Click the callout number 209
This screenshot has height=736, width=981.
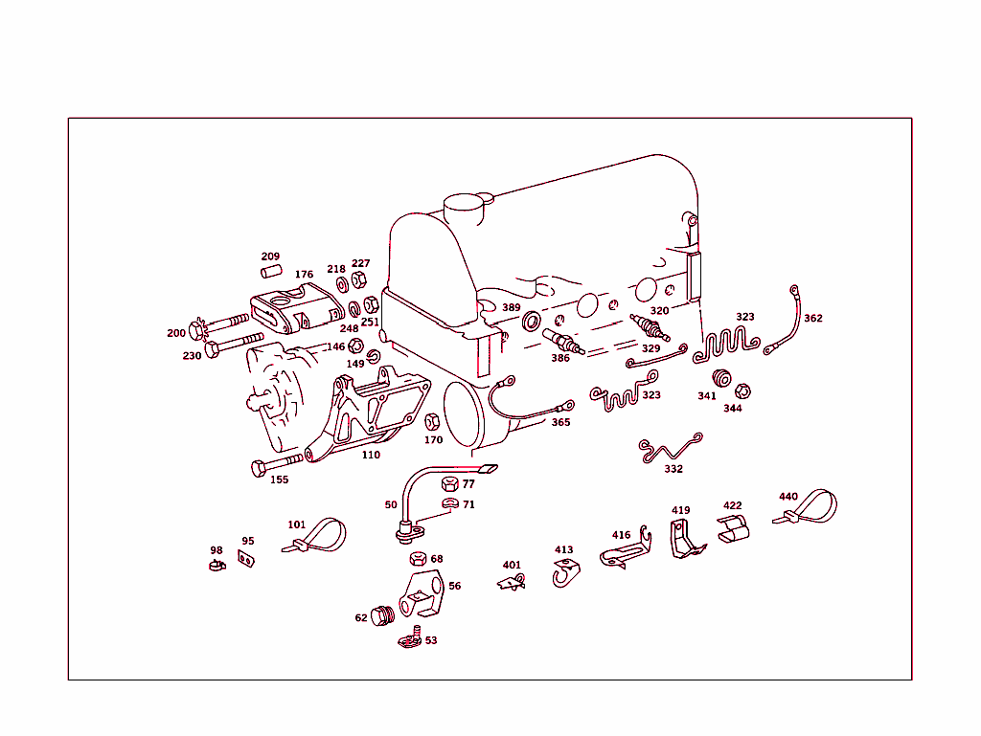pyautogui.click(x=270, y=256)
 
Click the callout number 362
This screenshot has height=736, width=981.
pyautogui.click(x=812, y=318)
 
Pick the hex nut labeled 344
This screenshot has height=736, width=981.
pyautogui.click(x=742, y=390)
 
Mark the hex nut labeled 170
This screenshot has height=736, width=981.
pyautogui.click(x=431, y=421)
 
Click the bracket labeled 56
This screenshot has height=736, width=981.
pyautogui.click(x=422, y=594)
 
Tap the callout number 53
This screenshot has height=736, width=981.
pyautogui.click(x=431, y=640)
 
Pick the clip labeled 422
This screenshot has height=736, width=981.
pyautogui.click(x=733, y=529)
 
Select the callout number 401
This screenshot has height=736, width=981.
pyautogui.click(x=512, y=565)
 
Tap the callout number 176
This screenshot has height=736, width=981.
pyautogui.click(x=304, y=275)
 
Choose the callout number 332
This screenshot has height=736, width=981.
pyautogui.click(x=673, y=469)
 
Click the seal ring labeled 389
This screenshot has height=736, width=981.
pyautogui.click(x=531, y=320)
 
